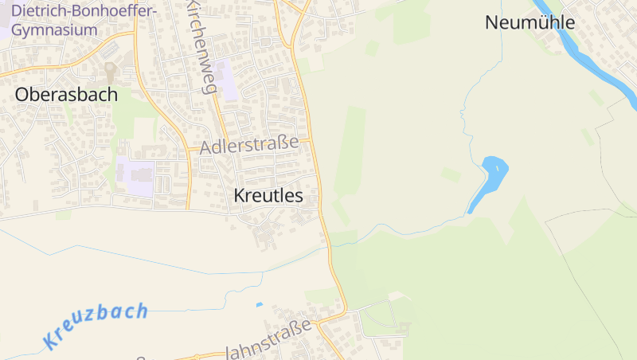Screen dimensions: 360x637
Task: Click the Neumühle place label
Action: tap(530, 22)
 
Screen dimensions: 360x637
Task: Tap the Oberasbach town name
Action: tap(66, 95)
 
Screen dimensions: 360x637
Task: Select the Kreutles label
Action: tap(268, 195)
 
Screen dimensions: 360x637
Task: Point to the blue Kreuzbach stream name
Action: tap(96, 326)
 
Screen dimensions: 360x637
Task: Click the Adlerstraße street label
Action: tap(249, 146)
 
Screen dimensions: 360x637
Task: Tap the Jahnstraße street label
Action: tap(268, 340)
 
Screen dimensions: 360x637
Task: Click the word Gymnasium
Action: tap(54, 30)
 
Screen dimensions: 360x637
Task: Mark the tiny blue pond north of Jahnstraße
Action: tap(259, 305)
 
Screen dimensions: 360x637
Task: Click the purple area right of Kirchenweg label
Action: tap(227, 80)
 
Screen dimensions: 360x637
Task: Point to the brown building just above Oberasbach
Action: tap(109, 72)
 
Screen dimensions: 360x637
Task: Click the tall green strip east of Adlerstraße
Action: tap(350, 151)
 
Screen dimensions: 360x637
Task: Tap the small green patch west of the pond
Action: tap(451, 174)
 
